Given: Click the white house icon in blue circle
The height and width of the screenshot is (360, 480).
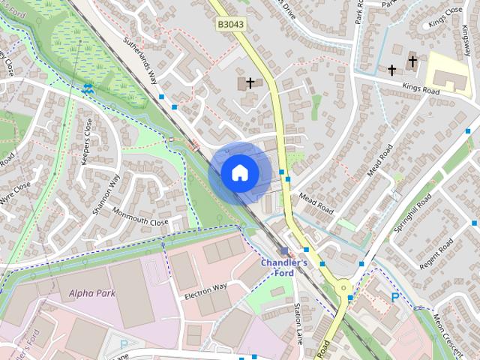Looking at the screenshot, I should [240, 172].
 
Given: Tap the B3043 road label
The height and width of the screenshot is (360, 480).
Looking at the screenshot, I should [232, 25].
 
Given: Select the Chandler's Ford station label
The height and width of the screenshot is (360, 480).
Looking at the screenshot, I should [284, 268].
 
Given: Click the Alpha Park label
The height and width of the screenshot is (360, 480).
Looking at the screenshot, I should [92, 293].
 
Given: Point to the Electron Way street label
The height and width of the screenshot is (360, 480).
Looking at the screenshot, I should [205, 292].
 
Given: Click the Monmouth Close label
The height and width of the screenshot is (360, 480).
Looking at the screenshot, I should [140, 217].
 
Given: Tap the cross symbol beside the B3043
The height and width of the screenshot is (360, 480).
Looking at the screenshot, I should [250, 82].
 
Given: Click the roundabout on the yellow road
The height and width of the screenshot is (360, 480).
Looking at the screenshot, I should [343, 286].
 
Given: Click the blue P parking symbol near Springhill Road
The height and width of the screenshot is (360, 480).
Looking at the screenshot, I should [394, 298].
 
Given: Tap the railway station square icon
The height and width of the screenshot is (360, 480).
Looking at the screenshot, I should [283, 251].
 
